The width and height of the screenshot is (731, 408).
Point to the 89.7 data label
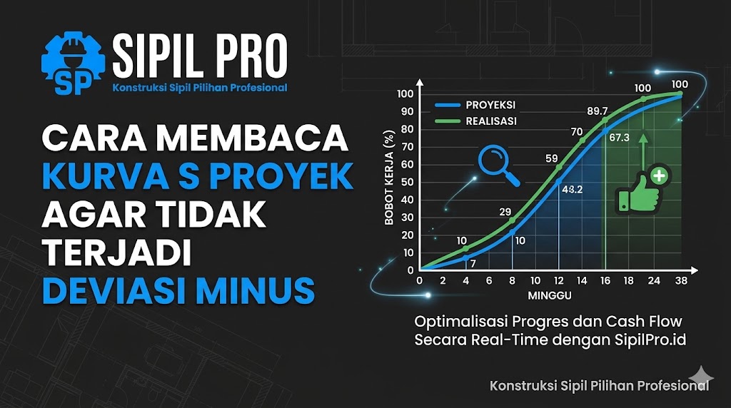tap(597, 111)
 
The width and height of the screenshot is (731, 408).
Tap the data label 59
tap(551, 158)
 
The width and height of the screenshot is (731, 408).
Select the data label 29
tap(505, 212)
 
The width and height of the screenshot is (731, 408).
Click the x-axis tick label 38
tap(681, 281)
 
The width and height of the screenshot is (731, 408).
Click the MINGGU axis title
tap(548, 295)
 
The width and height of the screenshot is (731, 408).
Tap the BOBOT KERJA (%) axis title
tap(389, 178)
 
